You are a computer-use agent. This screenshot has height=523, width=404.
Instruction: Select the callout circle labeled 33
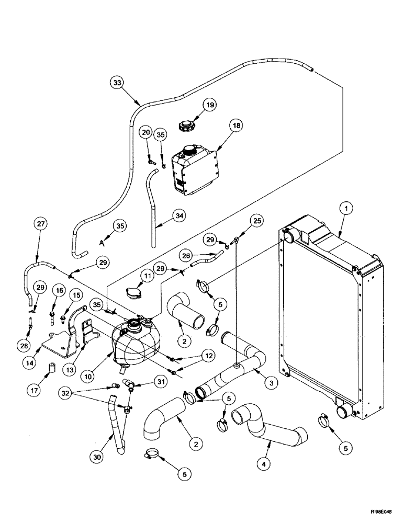(118, 83)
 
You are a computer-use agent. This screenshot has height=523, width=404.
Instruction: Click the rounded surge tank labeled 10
(137, 344)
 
